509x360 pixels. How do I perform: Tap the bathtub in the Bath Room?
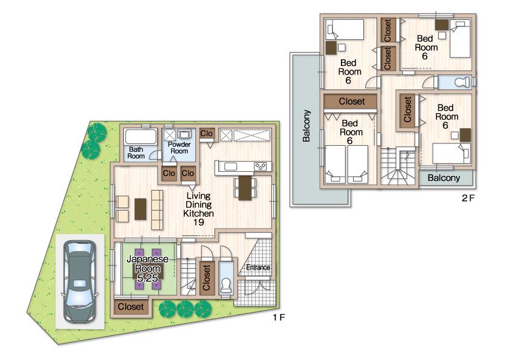point(140,136)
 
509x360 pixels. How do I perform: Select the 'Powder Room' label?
point(180,148)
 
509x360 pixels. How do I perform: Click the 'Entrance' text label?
point(258,267)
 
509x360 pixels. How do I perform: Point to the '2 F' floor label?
point(468,198)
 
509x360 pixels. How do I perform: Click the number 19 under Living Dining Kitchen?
point(198,223)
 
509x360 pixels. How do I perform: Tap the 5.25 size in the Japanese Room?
point(148,277)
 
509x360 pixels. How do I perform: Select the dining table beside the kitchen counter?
point(245,188)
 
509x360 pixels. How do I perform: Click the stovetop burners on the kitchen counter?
point(260,166)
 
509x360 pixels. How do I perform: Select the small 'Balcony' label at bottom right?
point(444,178)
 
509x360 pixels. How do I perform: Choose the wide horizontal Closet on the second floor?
point(351,101)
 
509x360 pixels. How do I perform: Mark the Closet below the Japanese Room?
point(131,307)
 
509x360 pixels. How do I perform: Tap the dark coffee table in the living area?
point(140,209)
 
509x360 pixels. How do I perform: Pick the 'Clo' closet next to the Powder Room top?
point(206,134)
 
